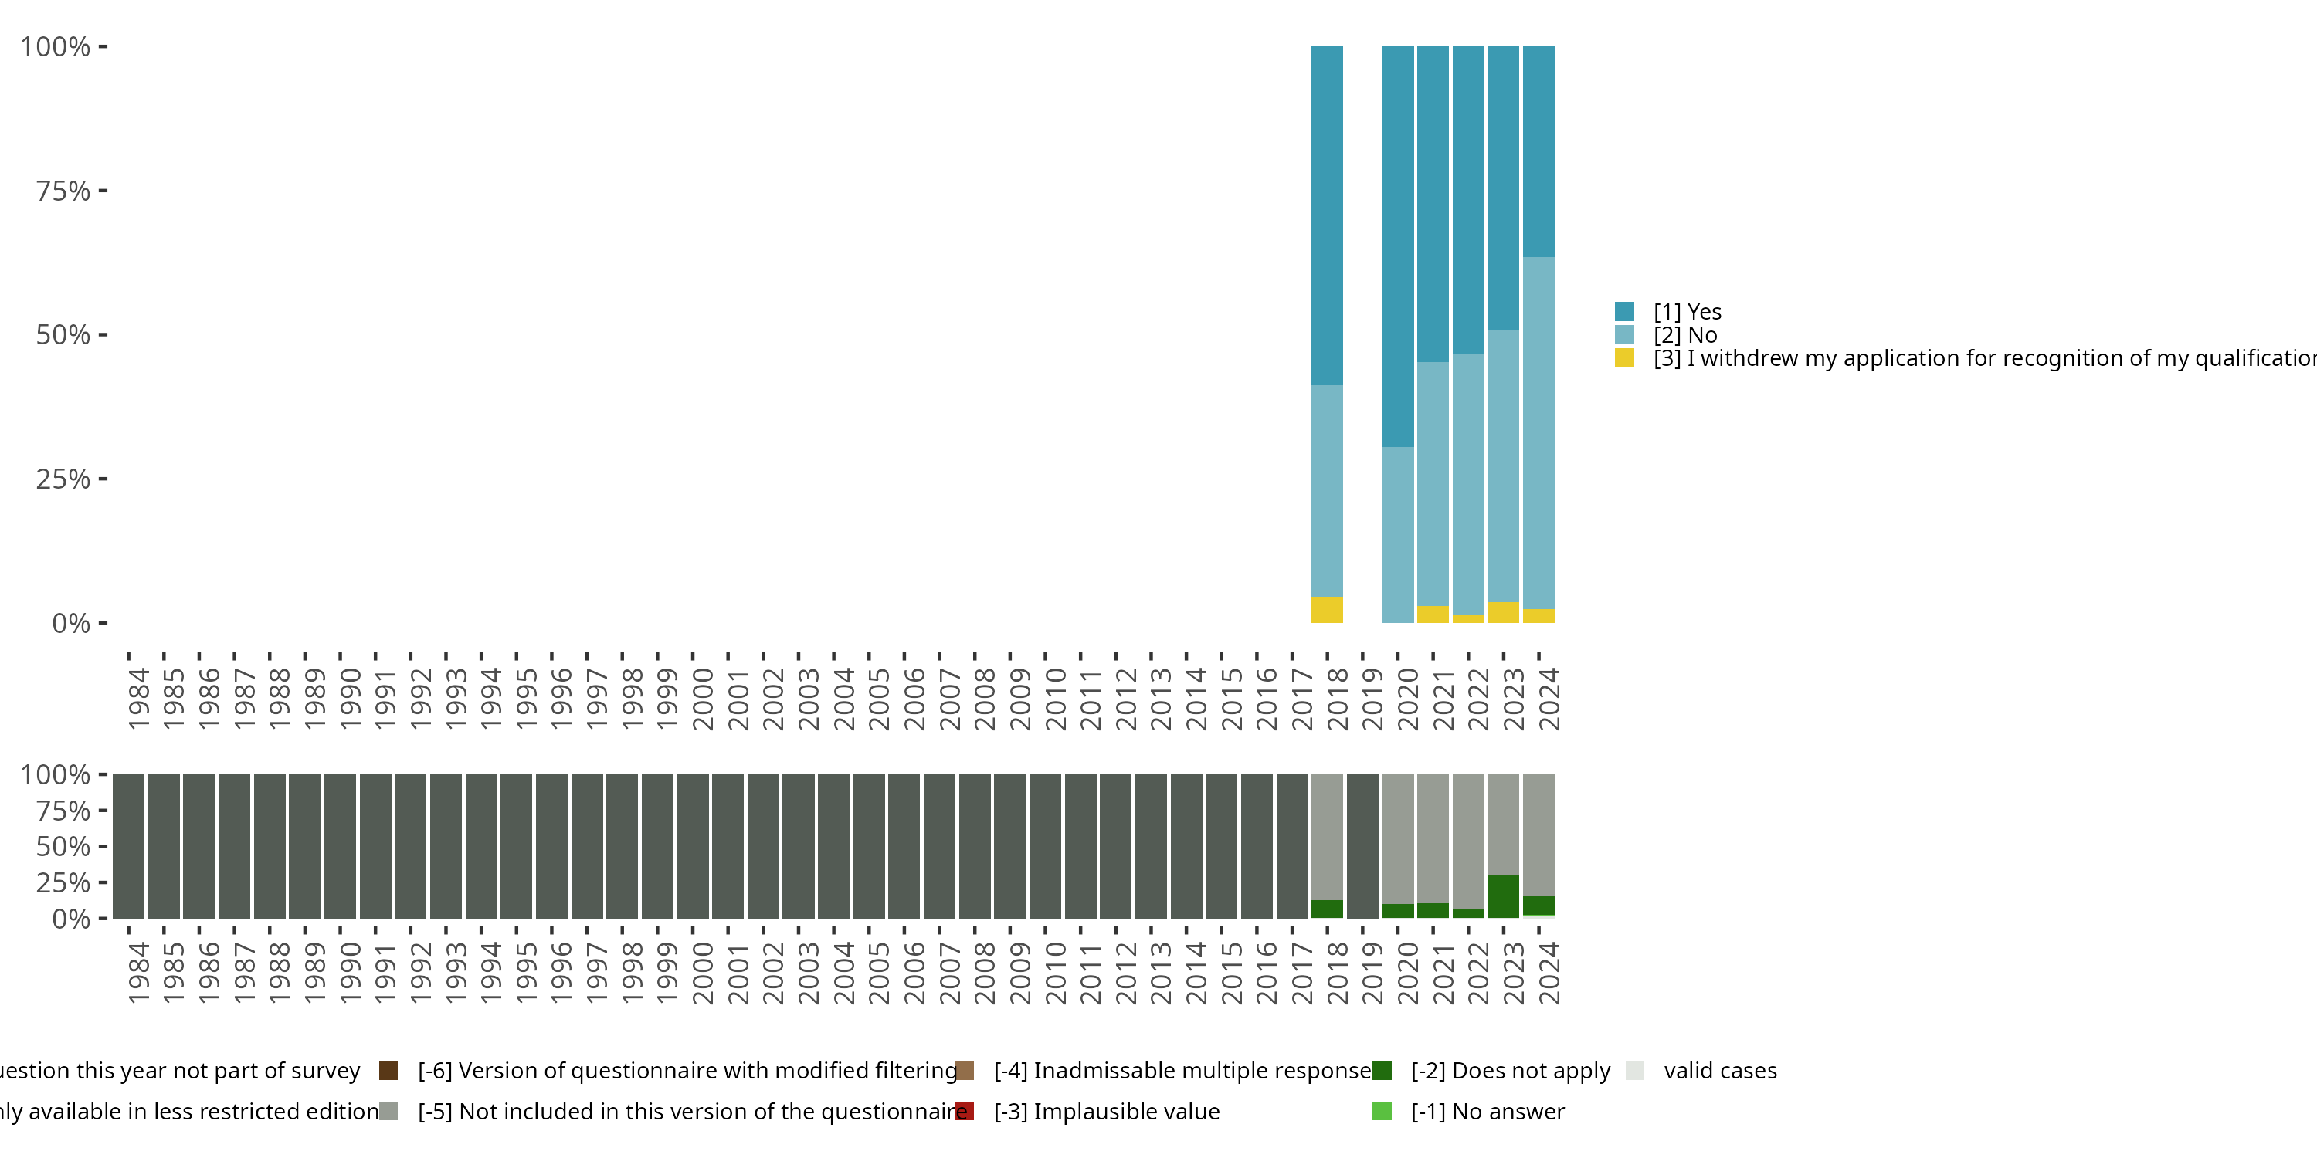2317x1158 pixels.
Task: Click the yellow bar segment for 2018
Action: pyautogui.click(x=1327, y=610)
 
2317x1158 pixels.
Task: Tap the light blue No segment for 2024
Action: pyautogui.click(x=1538, y=432)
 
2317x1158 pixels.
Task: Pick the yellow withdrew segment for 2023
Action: pyautogui.click(x=1503, y=612)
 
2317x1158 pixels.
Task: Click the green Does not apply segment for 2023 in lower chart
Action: pyautogui.click(x=1503, y=896)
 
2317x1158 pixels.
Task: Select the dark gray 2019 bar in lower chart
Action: pyautogui.click(x=1362, y=846)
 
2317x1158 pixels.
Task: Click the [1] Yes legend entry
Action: pyautogui.click(x=1687, y=312)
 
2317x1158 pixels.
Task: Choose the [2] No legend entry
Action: pyautogui.click(x=1684, y=335)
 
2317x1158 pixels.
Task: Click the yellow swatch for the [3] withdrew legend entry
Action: pyautogui.click(x=1623, y=358)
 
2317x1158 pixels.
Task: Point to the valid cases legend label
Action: pyautogui.click(x=1720, y=1071)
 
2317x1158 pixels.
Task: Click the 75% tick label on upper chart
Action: pyautogui.click(x=63, y=191)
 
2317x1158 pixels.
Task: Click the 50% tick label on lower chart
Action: pyautogui.click(x=63, y=846)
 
